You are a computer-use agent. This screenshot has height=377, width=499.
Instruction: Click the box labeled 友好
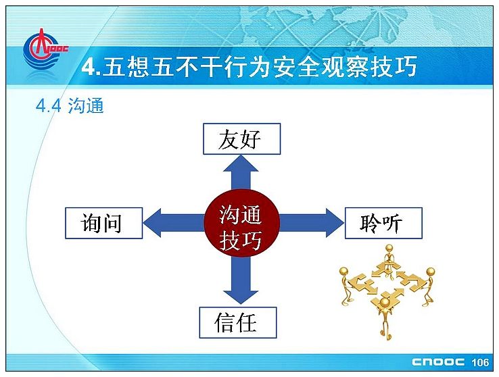point(242,139)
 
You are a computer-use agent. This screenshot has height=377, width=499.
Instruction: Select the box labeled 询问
point(103,223)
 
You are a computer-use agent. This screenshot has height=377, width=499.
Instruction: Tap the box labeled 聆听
point(383,223)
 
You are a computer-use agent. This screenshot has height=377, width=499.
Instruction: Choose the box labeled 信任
point(238,322)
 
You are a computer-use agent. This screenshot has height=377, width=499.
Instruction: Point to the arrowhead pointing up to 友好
point(241,163)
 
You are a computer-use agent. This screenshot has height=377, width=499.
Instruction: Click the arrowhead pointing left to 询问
point(152,223)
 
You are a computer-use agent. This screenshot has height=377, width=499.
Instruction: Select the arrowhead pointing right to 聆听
point(335,223)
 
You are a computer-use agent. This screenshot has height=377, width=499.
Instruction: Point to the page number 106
point(480,362)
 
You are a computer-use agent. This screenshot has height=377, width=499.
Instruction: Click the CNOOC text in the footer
point(438,362)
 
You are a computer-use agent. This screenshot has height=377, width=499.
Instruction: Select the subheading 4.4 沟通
point(70,105)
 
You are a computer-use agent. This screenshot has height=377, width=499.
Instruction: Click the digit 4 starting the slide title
point(88,67)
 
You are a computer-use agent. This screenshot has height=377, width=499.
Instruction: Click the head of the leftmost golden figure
point(343,271)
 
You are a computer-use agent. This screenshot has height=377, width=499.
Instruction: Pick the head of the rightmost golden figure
point(430,272)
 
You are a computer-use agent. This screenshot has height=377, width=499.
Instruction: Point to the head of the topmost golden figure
point(389,248)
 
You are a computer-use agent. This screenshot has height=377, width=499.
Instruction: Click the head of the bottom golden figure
point(385,301)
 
